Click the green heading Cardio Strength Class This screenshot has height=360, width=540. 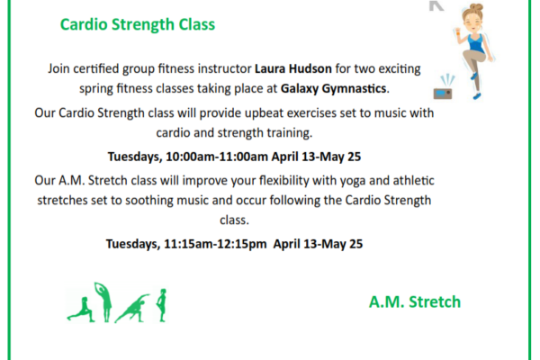click(138, 25)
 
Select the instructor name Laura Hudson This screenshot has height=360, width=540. click(293, 68)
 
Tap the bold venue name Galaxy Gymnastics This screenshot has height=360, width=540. click(333, 88)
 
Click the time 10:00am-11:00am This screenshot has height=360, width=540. click(217, 157)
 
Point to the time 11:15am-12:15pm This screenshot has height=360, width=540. click(215, 244)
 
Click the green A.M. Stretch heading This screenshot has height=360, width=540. click(415, 302)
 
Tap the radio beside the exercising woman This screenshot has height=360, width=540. click(443, 90)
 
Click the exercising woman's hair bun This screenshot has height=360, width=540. click(476, 7)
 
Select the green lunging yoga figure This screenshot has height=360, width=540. click(81, 310)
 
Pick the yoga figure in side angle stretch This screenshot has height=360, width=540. click(131, 309)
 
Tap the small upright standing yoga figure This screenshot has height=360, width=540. click(161, 305)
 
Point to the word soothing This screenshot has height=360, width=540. click(148, 201)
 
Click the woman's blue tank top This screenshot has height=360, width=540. click(475, 42)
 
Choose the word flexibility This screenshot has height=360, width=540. click(284, 181)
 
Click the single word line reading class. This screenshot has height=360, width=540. click(234, 220)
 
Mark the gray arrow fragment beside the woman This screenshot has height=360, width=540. click(436, 5)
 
